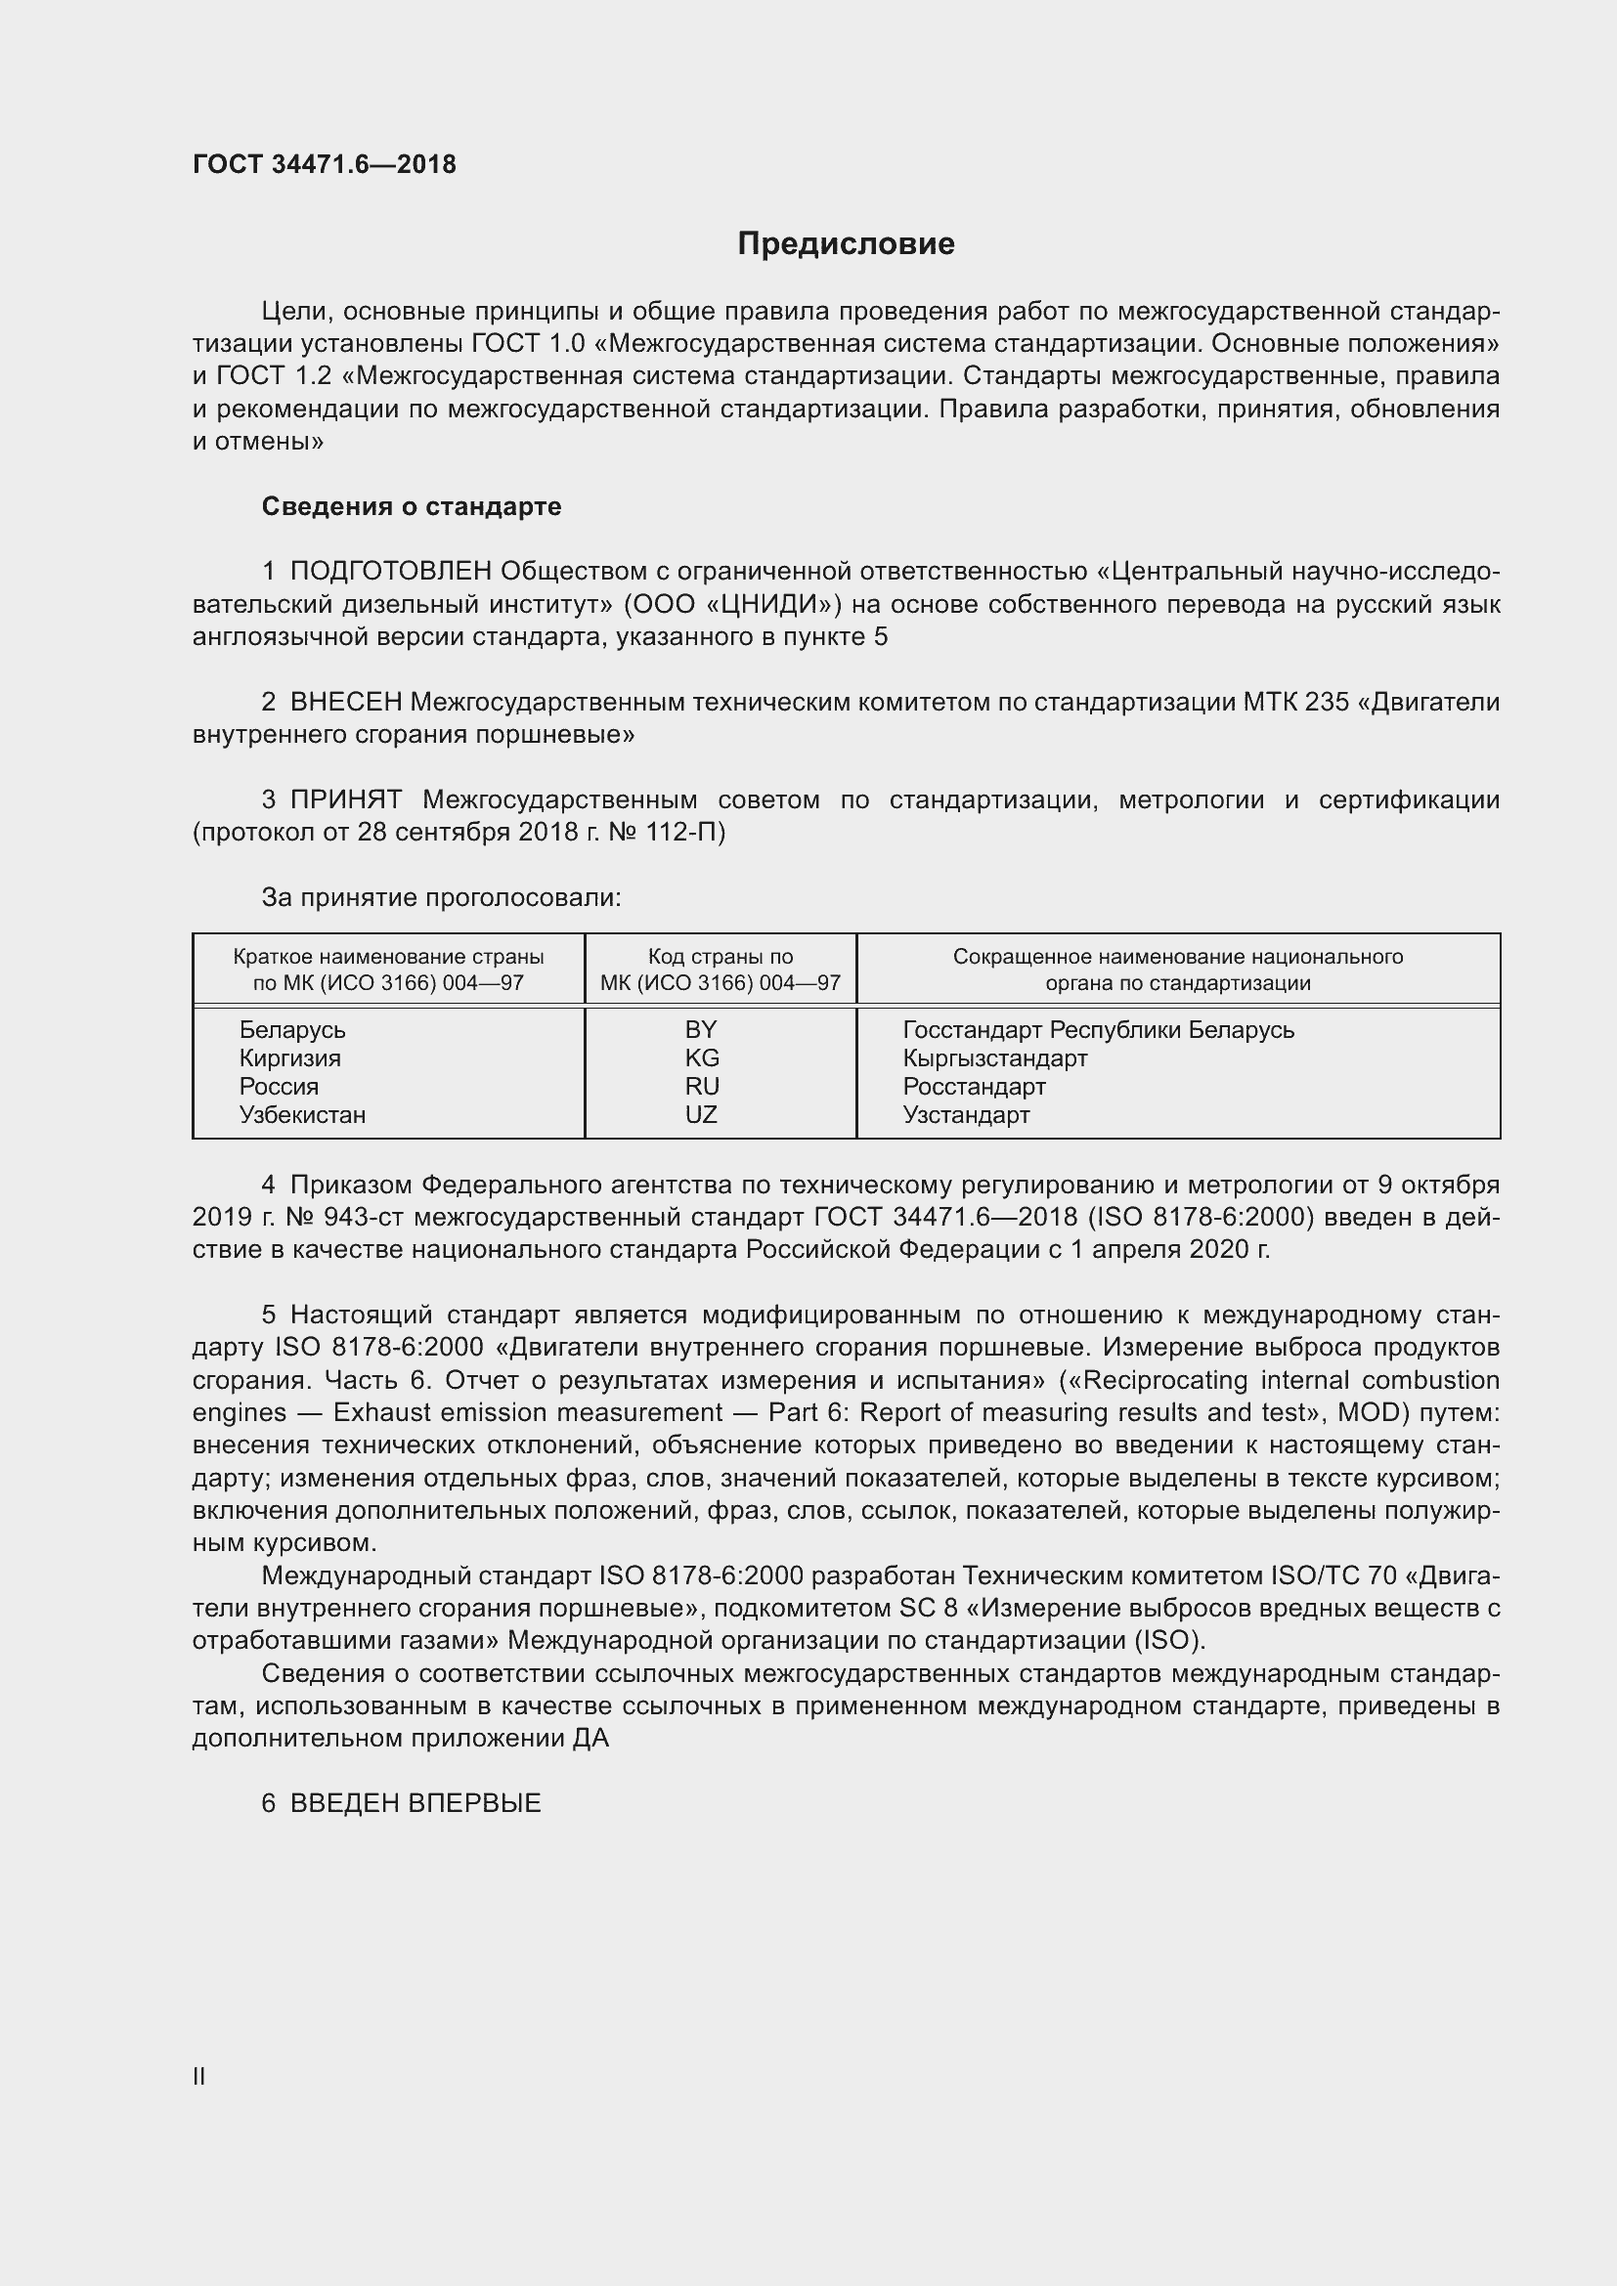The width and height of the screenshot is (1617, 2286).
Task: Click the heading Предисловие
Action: (846, 244)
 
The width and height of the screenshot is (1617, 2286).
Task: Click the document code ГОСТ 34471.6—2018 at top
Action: (324, 164)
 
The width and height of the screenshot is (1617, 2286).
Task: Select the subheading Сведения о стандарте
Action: (412, 507)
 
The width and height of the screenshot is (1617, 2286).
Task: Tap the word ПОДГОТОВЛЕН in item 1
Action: (390, 572)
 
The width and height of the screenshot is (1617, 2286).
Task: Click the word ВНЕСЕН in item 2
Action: (345, 702)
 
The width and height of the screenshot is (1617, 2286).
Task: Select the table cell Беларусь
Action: (291, 1030)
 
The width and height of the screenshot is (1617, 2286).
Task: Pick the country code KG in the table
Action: (701, 1058)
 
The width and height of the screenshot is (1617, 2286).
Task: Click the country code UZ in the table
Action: (701, 1115)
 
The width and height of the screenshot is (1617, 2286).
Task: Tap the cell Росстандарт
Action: (974, 1087)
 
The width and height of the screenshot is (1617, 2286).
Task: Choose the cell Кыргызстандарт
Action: (994, 1058)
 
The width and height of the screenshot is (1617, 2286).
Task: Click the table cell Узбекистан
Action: (303, 1115)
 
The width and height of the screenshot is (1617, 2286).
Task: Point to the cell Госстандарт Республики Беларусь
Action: (1097, 1030)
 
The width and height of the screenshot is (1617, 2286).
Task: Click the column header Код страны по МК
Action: (720, 970)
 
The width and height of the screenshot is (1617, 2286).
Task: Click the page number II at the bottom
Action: (199, 2077)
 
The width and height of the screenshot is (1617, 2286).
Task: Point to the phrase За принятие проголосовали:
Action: (441, 898)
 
